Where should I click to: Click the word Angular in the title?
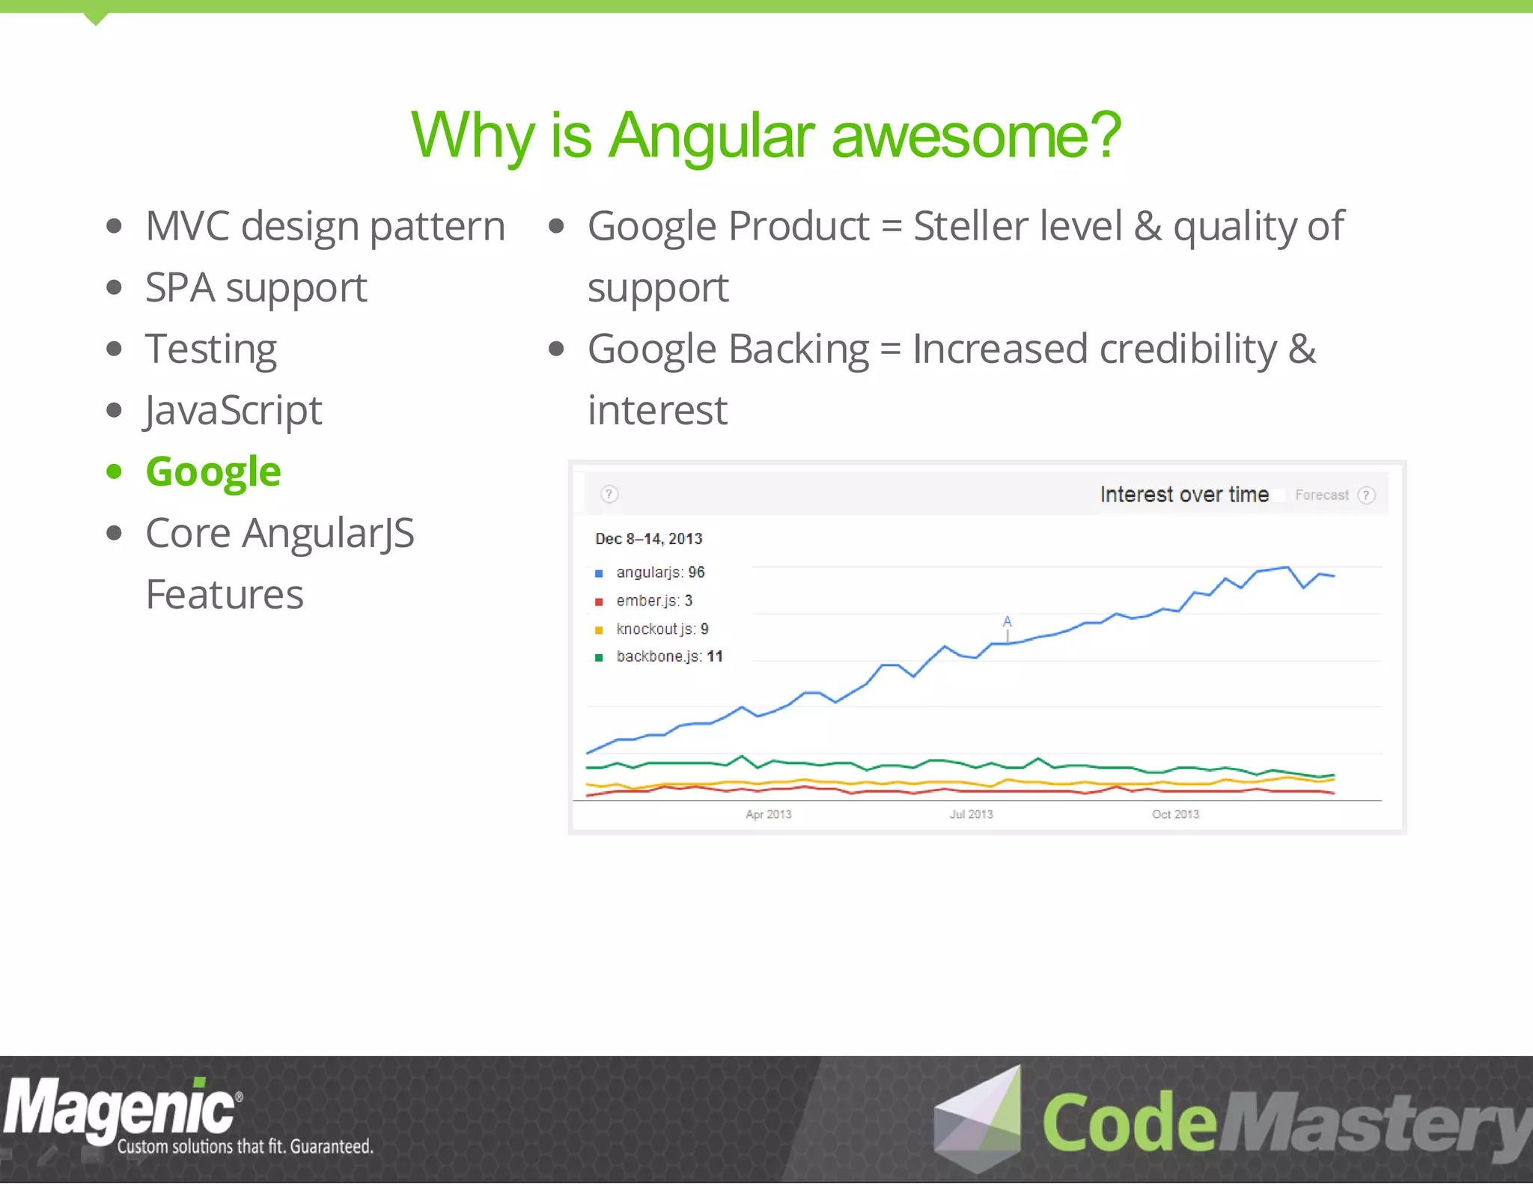coord(711,136)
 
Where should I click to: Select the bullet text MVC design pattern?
coord(325,227)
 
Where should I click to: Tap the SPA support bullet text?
coord(256,288)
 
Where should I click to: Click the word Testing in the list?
coord(211,350)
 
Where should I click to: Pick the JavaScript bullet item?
coord(234,411)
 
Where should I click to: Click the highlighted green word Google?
coord(213,472)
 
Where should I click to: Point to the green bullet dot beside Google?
coord(114,472)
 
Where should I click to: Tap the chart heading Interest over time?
coord(1184,495)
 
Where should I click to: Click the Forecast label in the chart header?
coord(1321,495)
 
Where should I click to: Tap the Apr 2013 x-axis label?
coord(768,814)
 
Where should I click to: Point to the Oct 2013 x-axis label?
coord(1175,814)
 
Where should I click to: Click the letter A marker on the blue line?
coord(1008,622)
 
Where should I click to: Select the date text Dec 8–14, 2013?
coord(648,539)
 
